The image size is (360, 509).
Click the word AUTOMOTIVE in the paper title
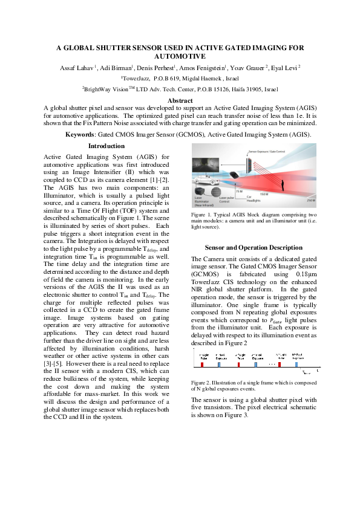pyautogui.click(x=180, y=56)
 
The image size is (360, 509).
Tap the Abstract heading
pyautogui.click(x=180, y=100)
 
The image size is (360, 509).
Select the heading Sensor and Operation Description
pyautogui.click(x=254, y=248)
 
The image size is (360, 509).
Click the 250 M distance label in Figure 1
pyautogui.click(x=310, y=200)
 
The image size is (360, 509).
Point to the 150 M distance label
pyautogui.click(x=265, y=193)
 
